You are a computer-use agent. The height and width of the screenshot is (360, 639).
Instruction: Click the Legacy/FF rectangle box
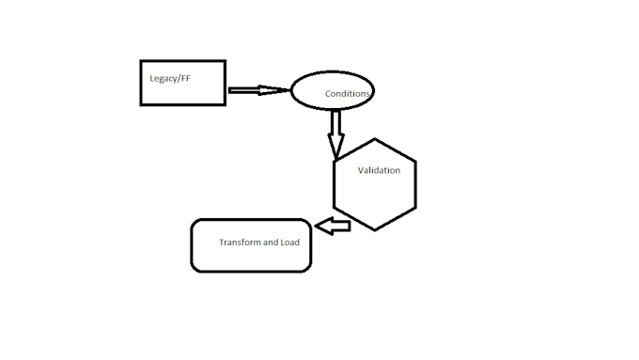182,83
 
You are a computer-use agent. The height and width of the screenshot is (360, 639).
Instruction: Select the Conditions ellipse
332,92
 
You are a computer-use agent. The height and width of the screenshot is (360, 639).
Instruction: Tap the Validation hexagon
374,185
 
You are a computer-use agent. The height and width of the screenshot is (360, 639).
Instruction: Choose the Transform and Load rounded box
251,245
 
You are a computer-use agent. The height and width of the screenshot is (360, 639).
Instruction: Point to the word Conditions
348,94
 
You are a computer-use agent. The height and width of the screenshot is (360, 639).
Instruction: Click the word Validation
379,170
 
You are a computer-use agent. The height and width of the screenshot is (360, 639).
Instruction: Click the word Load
290,243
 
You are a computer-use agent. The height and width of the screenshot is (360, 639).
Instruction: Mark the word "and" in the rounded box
271,243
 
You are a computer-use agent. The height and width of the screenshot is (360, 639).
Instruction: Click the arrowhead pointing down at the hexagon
335,148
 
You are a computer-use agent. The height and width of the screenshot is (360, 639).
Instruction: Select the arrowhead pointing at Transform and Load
320,226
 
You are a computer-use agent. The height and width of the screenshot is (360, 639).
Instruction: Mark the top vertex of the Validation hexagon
374,139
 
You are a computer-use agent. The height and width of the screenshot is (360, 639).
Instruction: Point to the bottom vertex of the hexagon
374,230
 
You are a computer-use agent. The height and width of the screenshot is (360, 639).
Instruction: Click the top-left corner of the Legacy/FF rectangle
141,61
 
